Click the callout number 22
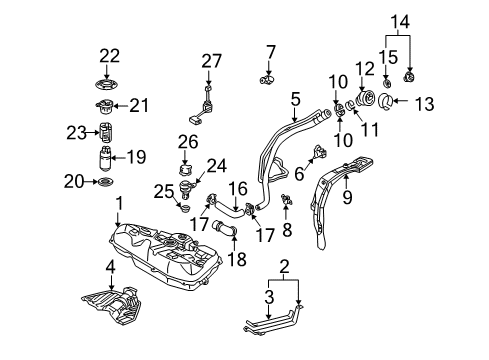coord(109,56)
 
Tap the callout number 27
coord(211,61)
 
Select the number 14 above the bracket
coord(400,22)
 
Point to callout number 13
coord(424,104)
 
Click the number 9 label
coord(347,197)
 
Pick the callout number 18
coord(237,259)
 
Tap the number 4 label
coord(111,267)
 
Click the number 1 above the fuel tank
coord(119,204)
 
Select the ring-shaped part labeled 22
coord(106,84)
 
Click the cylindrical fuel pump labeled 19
coord(105,157)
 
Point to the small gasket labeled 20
coord(105,182)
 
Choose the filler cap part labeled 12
coord(365,98)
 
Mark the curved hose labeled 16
coord(230,208)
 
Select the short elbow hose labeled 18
coord(223,229)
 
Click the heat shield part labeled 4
coord(113,305)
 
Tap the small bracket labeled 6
coord(319,152)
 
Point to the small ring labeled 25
coord(184,208)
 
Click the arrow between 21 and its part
coord(121,106)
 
